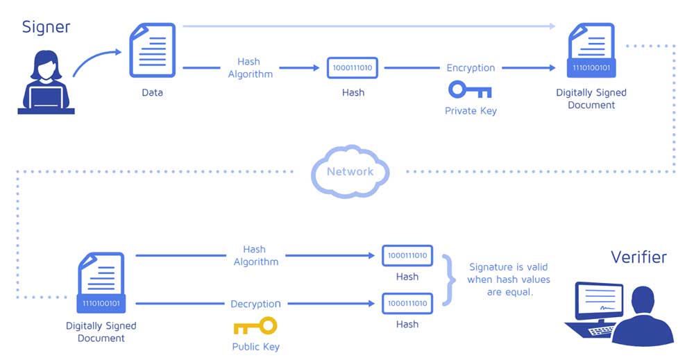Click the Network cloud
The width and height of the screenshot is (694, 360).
pyautogui.click(x=350, y=171)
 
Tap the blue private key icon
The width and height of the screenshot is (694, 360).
pyautogui.click(x=470, y=89)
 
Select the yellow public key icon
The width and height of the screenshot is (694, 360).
pyautogui.click(x=255, y=326)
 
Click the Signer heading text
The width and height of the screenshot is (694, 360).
pyautogui.click(x=46, y=28)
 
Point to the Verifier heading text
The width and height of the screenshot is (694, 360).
pyautogui.click(x=638, y=257)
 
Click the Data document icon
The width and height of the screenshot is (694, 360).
pyautogui.click(x=152, y=50)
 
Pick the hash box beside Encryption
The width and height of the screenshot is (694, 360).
pyautogui.click(x=353, y=68)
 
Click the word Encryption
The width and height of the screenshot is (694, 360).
pyautogui.click(x=471, y=68)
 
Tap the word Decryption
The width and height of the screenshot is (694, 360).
pyautogui.click(x=255, y=304)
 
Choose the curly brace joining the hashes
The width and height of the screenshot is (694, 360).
pyautogui.click(x=449, y=280)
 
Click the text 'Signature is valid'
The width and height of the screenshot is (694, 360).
pyautogui.click(x=509, y=267)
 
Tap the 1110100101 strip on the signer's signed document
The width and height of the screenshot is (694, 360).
pyautogui.click(x=591, y=68)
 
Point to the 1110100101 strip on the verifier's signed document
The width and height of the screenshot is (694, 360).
pyautogui.click(x=101, y=303)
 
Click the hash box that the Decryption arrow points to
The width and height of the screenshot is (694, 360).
pyautogui.click(x=407, y=303)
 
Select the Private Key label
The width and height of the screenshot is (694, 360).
pyautogui.click(x=471, y=110)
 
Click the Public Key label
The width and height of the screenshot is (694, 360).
pyautogui.click(x=256, y=346)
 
